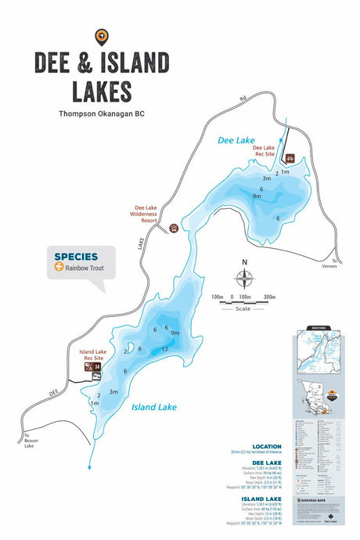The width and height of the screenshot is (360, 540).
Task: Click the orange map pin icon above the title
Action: (100, 35)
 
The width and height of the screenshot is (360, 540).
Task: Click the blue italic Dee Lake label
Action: (236, 140)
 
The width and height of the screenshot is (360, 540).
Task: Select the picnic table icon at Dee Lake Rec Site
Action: (288, 157)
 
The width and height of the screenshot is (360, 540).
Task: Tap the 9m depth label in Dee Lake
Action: (256, 196)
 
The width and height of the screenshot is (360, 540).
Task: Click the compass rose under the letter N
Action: (245, 278)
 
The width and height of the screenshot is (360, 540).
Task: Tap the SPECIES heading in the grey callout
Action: (76, 256)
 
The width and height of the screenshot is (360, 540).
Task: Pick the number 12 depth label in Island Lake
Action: (165, 349)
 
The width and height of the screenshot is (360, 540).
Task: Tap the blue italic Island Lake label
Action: (153, 407)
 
